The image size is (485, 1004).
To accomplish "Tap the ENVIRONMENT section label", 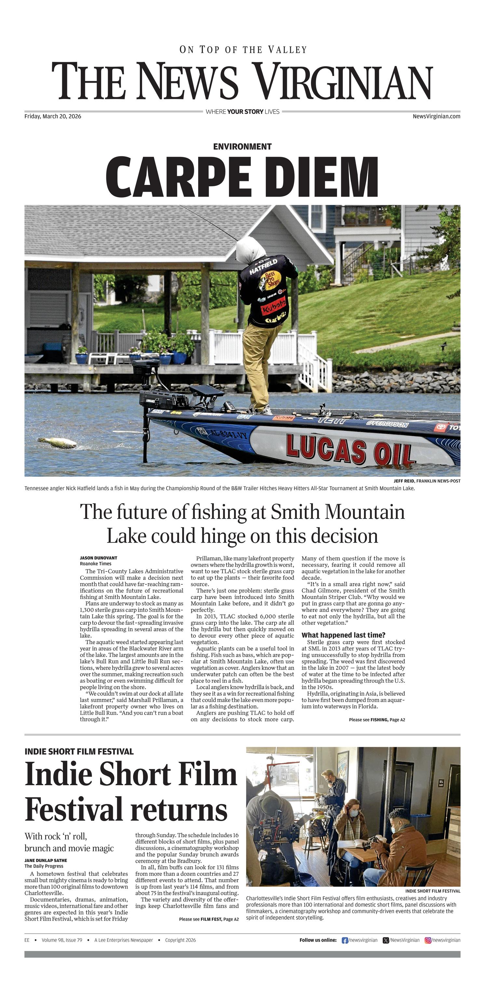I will click(x=242, y=146).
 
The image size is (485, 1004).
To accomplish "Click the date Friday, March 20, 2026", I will click(x=53, y=116).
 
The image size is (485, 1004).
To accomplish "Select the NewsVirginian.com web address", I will click(x=436, y=116).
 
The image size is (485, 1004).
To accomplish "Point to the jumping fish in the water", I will click(x=58, y=442).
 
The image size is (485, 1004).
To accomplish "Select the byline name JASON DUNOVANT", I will click(x=99, y=558).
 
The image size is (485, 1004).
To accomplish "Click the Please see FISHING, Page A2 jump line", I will click(x=377, y=720).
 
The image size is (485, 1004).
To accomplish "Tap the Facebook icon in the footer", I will click(x=345, y=940).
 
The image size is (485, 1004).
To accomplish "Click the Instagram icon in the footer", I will click(x=428, y=940).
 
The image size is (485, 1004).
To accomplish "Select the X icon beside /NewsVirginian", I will click(x=386, y=940).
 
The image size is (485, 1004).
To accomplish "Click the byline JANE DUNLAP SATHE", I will click(x=46, y=860).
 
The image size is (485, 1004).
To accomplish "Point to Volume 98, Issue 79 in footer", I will click(x=62, y=940).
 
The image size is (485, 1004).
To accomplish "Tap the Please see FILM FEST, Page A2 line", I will click(x=209, y=919).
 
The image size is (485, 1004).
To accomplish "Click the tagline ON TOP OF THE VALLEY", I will click(x=243, y=50).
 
